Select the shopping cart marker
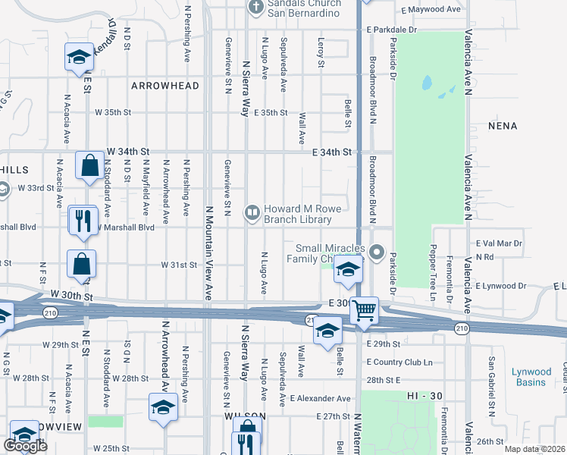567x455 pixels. click(365, 309)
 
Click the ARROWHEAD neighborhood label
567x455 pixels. click(165, 86)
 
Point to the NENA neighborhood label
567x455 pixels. click(503, 126)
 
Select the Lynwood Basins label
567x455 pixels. click(531, 377)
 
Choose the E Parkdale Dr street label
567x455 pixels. click(391, 30)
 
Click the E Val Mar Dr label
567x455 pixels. click(500, 243)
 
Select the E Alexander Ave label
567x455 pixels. click(321, 398)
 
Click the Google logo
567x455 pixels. click(25, 447)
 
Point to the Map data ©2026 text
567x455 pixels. click(534, 449)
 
